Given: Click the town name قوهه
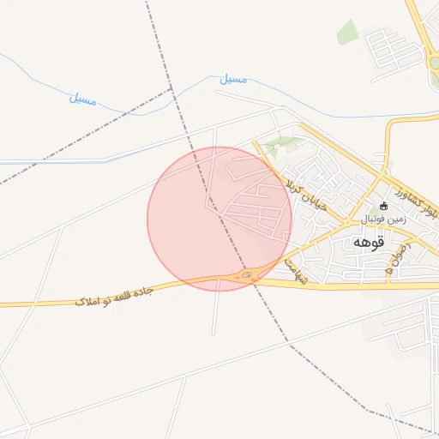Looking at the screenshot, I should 369,243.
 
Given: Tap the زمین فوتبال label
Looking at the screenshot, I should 383,219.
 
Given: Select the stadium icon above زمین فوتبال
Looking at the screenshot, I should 383,206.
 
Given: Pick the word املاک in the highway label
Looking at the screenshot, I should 86,301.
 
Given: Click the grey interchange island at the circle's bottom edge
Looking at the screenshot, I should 248,274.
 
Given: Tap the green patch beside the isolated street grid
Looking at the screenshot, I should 347,32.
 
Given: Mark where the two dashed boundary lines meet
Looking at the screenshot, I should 172,89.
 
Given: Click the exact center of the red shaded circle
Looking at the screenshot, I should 219,219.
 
